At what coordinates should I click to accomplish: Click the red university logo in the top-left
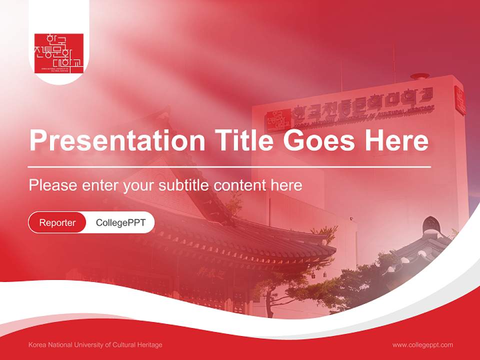[x=58, y=53]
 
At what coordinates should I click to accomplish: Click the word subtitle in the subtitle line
[x=184, y=185]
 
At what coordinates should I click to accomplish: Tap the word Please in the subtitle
[x=53, y=185]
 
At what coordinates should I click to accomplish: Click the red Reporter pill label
[x=57, y=222]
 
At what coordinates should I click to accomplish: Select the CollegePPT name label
[x=120, y=222]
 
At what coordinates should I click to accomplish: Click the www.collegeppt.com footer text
[x=422, y=345]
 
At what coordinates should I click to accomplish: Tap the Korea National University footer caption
[x=95, y=345]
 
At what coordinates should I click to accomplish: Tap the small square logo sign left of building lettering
[x=278, y=120]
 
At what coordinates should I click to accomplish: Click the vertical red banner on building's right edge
[x=459, y=100]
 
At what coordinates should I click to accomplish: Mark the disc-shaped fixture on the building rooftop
[x=419, y=76]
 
